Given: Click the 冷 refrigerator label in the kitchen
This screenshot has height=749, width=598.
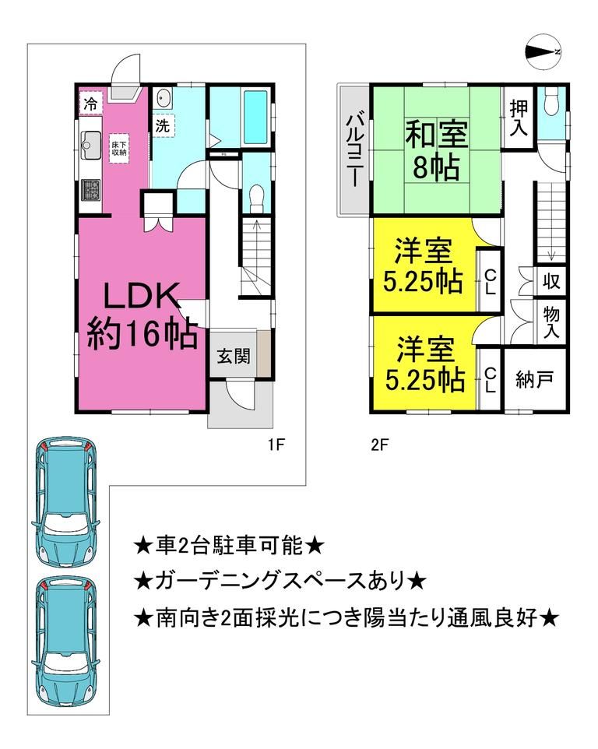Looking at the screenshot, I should tap(90, 103).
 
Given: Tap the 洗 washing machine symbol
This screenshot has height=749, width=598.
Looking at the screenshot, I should tap(162, 125).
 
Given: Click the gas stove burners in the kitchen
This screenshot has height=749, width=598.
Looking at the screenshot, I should tap(90, 189).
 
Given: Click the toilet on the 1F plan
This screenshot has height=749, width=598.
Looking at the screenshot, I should tap(254, 199).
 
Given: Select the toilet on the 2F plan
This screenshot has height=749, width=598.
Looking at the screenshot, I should tap(552, 102).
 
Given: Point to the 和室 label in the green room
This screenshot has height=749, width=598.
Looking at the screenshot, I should tap(436, 135).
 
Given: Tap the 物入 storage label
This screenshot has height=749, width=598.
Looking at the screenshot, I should tap(551, 321).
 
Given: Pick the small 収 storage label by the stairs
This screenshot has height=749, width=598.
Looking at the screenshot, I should tap(551, 280).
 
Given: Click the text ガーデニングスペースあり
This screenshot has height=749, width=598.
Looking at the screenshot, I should tap(280, 580).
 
